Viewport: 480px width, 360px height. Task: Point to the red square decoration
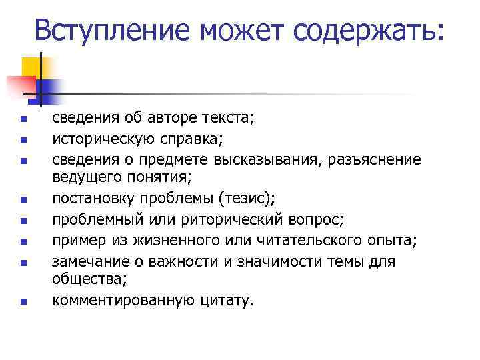(x=21, y=85)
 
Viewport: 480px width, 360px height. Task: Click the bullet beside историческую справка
(x=22, y=141)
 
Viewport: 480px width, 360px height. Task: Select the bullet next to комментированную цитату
(x=22, y=302)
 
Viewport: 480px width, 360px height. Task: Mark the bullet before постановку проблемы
(x=22, y=199)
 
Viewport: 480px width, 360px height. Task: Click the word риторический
(x=222, y=219)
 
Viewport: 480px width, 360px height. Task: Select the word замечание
(x=89, y=261)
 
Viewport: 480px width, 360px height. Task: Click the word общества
(x=85, y=280)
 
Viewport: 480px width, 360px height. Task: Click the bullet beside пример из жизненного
(x=22, y=241)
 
